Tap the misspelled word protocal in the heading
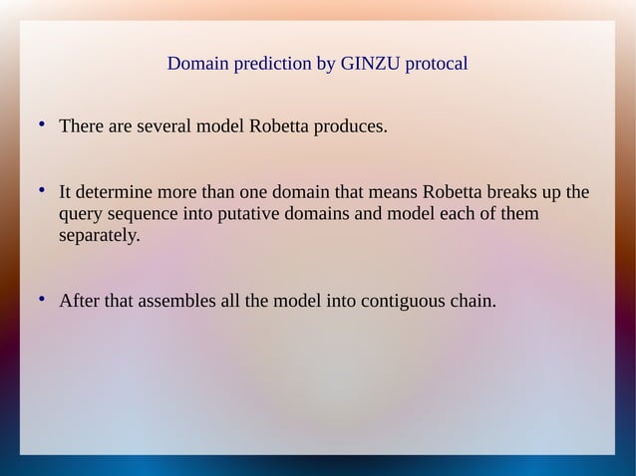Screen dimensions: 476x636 click(x=434, y=65)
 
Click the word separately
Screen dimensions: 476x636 click(x=100, y=237)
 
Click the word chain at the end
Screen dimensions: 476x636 click(x=470, y=300)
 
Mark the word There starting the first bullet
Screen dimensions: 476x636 click(x=82, y=127)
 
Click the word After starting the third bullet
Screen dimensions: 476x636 click(x=79, y=300)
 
